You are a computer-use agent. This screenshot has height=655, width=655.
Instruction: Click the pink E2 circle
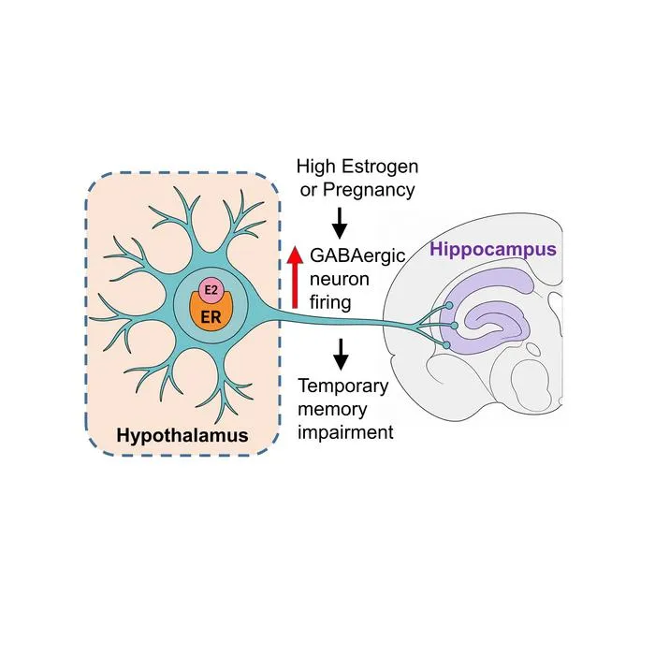211,289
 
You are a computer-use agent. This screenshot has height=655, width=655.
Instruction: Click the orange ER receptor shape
211,314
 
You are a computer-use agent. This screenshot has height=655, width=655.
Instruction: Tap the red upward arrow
295,277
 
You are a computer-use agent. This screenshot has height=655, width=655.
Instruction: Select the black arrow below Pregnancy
340,224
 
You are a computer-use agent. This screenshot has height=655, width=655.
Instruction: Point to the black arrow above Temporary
342,355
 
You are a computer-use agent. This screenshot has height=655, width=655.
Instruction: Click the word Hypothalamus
182,436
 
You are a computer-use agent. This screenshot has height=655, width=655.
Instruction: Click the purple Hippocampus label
493,250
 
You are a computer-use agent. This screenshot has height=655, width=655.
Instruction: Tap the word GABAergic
357,255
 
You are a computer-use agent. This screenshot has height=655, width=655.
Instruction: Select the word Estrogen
380,167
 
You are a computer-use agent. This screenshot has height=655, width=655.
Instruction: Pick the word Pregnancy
369,190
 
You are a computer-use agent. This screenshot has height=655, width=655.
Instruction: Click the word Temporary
343,386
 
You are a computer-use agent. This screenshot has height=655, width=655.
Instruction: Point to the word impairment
345,432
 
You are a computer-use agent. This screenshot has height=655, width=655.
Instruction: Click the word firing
330,302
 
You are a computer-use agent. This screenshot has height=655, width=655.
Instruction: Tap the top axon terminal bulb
448,305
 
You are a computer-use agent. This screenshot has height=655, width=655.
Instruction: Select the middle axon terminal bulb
455,326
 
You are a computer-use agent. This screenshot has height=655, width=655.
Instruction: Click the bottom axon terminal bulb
446,345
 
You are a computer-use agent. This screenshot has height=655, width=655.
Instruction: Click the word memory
332,410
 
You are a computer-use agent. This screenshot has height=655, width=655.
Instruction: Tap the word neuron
340,280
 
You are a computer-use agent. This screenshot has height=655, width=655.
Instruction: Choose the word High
316,167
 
